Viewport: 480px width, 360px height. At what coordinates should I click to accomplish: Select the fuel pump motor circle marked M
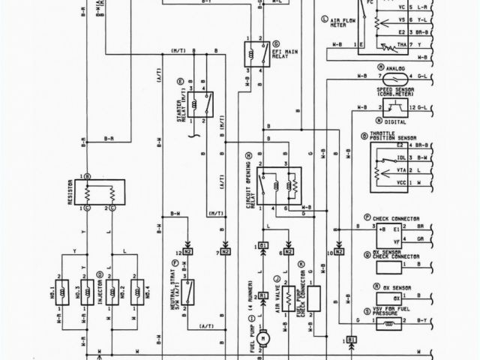point(263,338)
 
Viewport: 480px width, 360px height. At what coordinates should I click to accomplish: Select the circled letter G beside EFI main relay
point(276,44)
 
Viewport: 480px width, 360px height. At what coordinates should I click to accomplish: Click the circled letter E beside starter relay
point(180,80)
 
